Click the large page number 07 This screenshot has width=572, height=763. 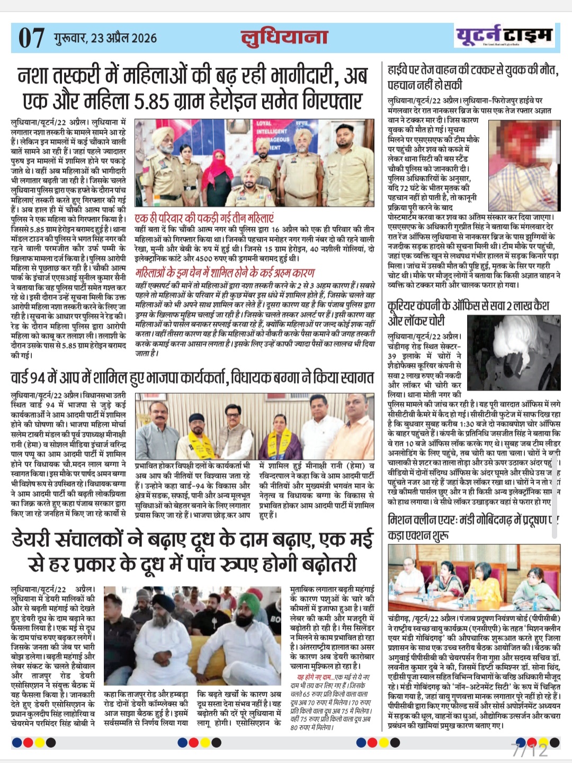click(31, 38)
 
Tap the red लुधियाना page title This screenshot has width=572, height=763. click(284, 38)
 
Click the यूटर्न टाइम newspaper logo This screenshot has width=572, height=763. click(504, 36)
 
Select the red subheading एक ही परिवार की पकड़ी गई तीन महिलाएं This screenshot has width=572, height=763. click(204, 218)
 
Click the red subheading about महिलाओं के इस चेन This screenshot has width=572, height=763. click(225, 273)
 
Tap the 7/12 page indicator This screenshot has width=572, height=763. click(530, 750)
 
